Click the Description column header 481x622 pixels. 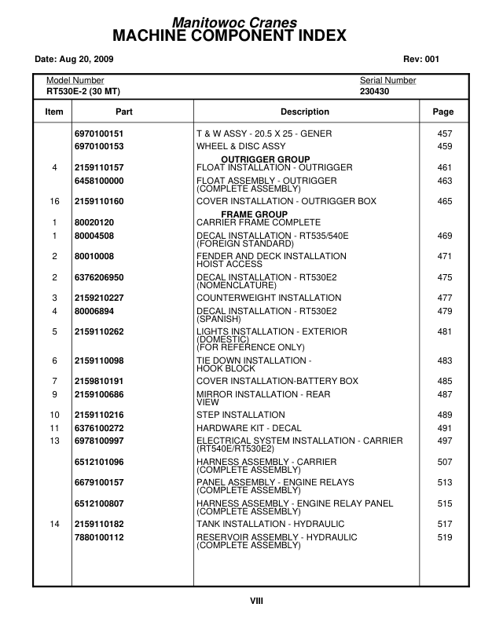coord(305,112)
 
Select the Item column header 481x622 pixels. coord(53,112)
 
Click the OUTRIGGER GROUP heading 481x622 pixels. coord(265,159)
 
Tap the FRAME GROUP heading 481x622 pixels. coord(254,214)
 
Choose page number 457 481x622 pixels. coord(444,134)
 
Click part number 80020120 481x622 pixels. coord(94,222)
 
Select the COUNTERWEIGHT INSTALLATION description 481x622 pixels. coord(269,298)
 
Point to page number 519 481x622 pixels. coord(444,537)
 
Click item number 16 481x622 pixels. coord(54,202)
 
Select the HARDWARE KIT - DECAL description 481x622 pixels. coord(248,428)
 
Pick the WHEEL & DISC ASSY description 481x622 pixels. coord(240,146)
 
